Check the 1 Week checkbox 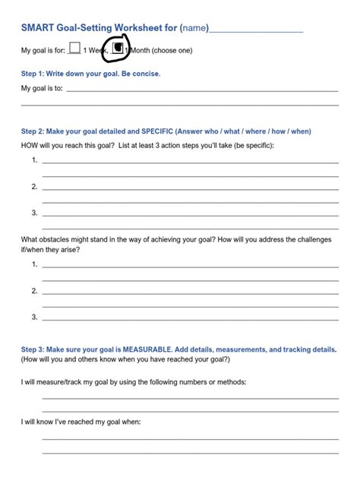coord(74,49)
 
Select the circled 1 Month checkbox coord(118,49)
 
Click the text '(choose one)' coord(172,51)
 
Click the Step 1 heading coord(90,74)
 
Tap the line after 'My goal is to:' coord(201,90)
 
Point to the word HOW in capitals coord(30,145)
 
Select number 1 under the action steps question coord(35,160)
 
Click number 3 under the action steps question coord(35,212)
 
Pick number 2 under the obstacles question coord(35,290)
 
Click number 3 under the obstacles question coord(35,316)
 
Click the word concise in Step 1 coord(145,74)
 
